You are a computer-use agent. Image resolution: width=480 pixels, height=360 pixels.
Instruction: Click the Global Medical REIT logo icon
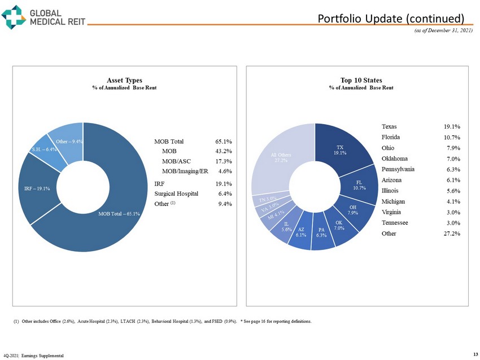coord(14,16)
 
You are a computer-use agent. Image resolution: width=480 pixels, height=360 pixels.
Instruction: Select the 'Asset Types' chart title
coord(124,81)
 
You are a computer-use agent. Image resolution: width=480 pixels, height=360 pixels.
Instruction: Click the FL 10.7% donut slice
coord(360,183)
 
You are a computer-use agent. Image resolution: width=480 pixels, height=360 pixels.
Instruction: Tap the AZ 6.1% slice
coord(302,233)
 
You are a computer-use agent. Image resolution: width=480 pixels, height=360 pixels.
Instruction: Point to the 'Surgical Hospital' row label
coord(176,194)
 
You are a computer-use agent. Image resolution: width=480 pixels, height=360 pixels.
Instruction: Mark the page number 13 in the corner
coord(472,354)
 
